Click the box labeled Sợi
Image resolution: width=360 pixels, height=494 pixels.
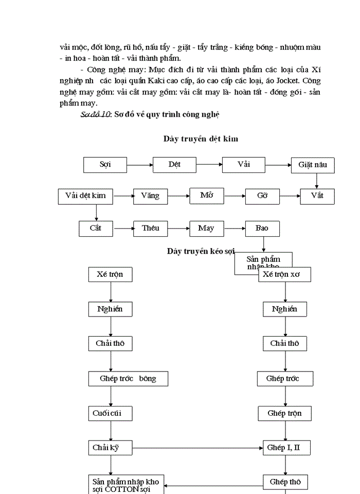pos(105,165)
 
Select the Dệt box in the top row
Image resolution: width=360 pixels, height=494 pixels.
pos(174,165)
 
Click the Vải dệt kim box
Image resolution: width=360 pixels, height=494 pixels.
pos(85,196)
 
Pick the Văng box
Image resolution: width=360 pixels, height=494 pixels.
pos(150,196)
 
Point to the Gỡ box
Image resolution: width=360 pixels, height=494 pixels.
pos(262,196)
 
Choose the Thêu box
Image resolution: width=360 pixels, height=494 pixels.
pos(150,228)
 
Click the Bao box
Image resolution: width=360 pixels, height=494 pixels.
pos(262,228)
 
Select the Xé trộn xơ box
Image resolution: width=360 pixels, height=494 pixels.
pos(284,275)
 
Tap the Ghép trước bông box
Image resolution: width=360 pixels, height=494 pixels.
pos(128,379)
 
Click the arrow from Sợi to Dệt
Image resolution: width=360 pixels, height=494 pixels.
pos(139,165)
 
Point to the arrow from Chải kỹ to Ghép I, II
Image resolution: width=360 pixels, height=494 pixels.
pos(197,448)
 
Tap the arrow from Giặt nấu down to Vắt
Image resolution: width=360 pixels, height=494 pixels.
pos(317,181)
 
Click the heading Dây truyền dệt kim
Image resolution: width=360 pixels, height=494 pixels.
pos(201,138)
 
